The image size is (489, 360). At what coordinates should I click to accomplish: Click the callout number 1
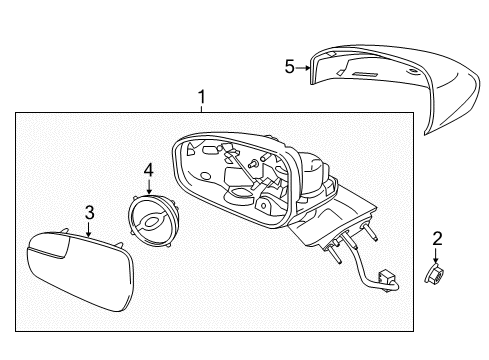(201, 97)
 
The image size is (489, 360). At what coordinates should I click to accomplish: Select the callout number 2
(437, 239)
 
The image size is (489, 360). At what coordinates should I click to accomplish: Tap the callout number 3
(89, 212)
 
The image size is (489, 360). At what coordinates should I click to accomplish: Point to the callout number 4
(148, 170)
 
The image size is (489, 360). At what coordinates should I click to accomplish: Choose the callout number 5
(290, 67)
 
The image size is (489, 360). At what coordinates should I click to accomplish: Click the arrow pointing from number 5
(303, 68)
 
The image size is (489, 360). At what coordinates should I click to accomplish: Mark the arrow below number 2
(436, 255)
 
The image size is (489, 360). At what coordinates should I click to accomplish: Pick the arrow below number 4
(149, 187)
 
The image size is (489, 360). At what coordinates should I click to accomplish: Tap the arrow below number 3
(88, 229)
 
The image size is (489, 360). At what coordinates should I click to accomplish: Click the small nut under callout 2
(434, 273)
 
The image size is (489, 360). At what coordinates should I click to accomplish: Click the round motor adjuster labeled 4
(152, 220)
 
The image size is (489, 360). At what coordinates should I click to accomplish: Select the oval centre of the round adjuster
(150, 221)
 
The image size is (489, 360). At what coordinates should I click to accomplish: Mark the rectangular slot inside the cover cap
(365, 74)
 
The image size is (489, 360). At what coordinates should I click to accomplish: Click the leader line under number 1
(201, 109)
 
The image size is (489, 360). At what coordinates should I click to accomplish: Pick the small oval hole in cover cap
(413, 71)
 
